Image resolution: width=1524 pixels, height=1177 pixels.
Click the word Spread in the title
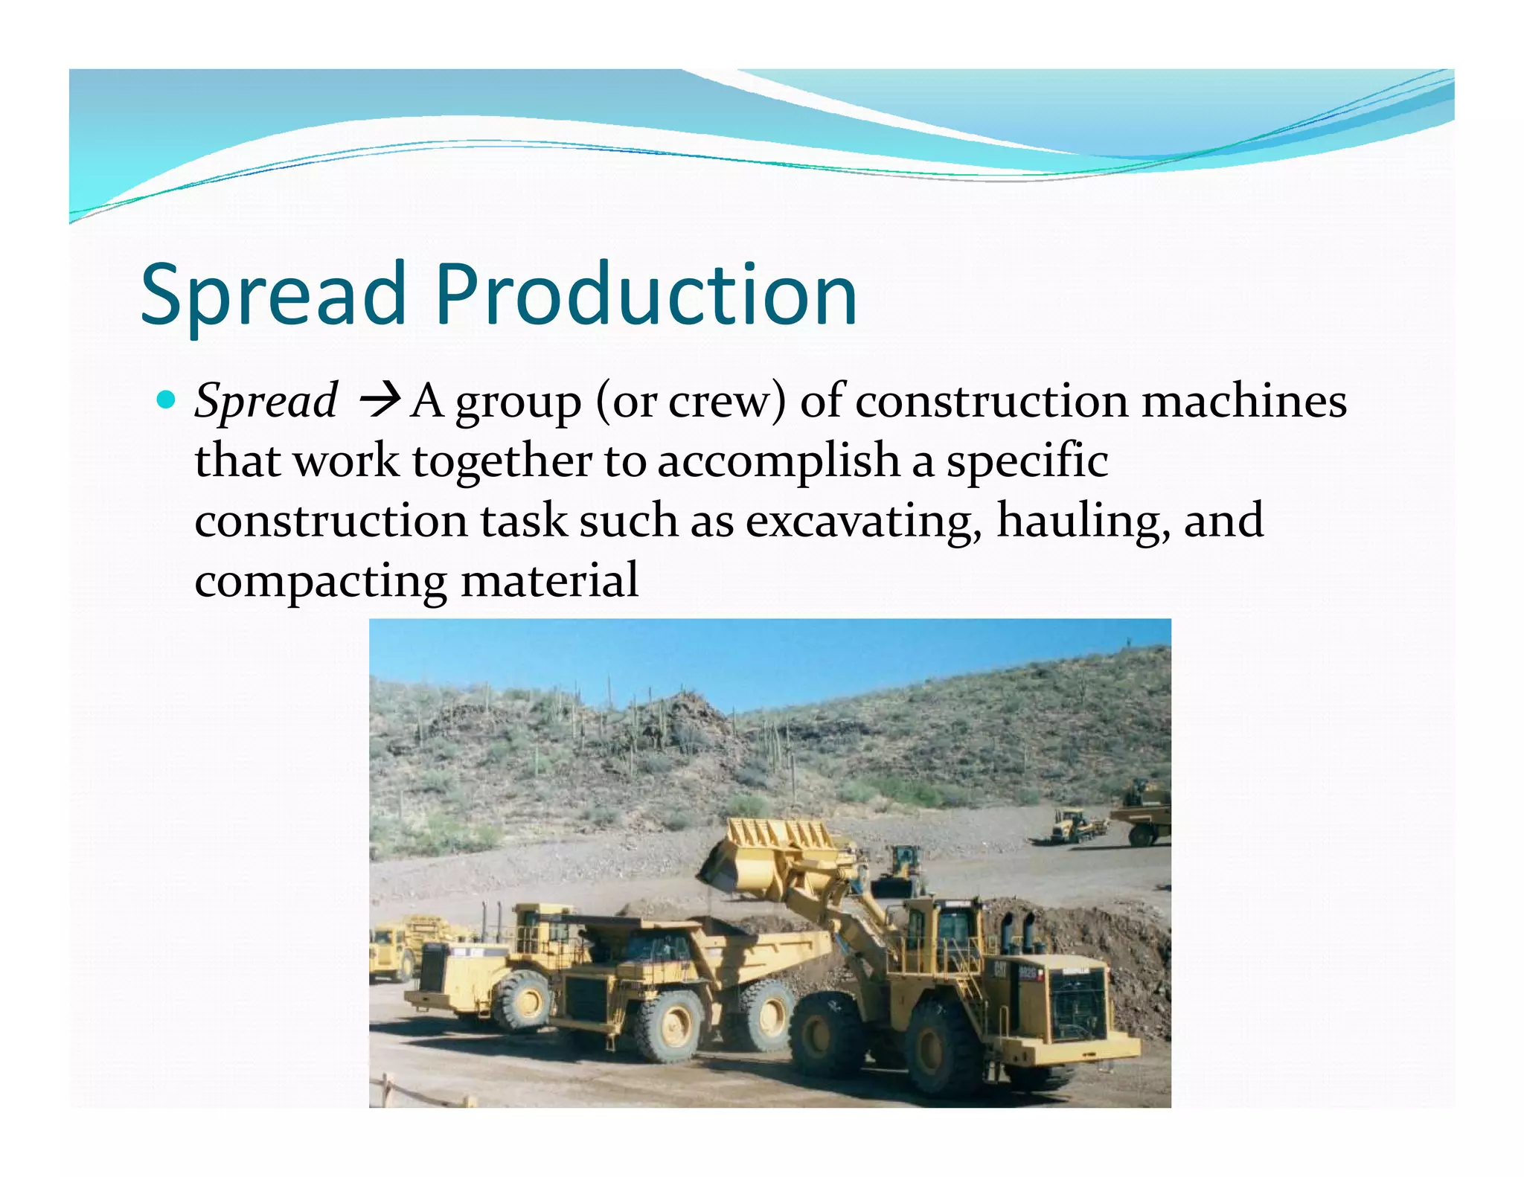(272, 296)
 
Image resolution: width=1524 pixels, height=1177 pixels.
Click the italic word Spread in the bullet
(266, 403)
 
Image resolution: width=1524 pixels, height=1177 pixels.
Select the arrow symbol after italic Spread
(380, 402)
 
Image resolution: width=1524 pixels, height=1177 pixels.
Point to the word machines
(1243, 401)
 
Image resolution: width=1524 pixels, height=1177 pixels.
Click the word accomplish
(778, 461)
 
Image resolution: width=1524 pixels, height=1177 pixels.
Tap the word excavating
(862, 521)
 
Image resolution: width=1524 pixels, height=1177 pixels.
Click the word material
(549, 581)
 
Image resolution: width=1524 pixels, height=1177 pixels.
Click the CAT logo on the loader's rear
(1002, 969)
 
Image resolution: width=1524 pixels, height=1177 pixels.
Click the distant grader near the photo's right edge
(1072, 826)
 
